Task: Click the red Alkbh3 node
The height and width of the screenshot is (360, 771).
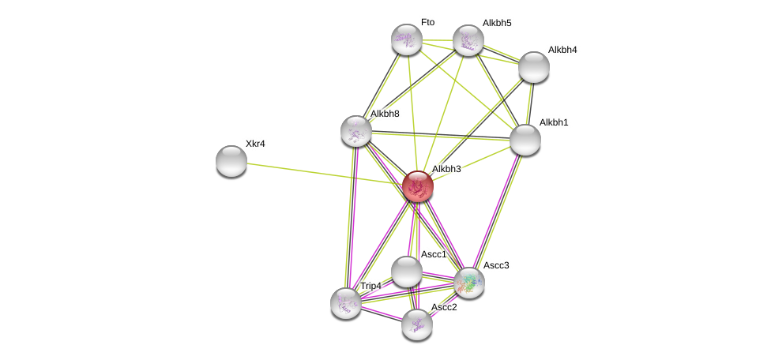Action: coord(417,186)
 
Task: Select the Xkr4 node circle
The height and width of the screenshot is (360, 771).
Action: coord(231,160)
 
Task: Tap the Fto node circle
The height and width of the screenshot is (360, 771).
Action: coord(407,39)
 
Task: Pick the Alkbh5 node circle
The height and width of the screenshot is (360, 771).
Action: coord(468,40)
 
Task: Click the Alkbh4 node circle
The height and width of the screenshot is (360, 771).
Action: coord(534,67)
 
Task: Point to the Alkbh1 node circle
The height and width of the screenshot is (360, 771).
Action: coord(525,140)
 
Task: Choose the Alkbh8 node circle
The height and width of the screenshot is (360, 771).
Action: coord(356,131)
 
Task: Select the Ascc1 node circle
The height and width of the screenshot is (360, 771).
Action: coord(407,272)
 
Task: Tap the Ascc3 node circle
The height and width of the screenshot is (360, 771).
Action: coord(469,283)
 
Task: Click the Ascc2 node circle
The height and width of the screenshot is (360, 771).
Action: coord(417,324)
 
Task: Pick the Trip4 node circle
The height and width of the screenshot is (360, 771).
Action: coord(346,302)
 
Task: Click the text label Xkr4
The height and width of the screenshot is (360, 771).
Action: coord(255,144)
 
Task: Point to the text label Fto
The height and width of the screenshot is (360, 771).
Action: coord(427,22)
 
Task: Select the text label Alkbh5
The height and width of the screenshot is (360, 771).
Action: coord(497,23)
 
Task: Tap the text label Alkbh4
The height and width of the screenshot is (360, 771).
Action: coord(562,50)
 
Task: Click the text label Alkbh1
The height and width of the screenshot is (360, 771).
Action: coord(554,122)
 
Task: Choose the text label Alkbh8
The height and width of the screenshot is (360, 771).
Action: coord(385,114)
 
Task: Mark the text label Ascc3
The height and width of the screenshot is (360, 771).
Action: coord(496,265)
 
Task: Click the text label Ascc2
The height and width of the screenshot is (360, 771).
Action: coord(444,307)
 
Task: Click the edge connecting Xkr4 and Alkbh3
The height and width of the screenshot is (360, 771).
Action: coord(324,174)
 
